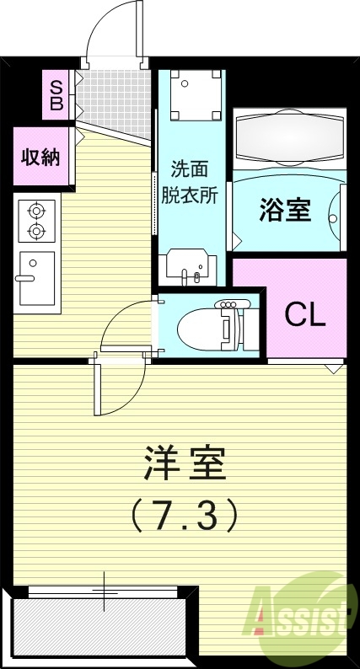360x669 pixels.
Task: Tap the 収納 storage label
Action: point(40,157)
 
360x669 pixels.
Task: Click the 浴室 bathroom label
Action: point(285,209)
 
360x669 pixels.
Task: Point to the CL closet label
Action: point(304,314)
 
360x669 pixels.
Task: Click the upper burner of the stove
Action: point(36,210)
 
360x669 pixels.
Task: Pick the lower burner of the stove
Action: point(36,229)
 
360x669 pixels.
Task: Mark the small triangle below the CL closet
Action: point(334,367)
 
